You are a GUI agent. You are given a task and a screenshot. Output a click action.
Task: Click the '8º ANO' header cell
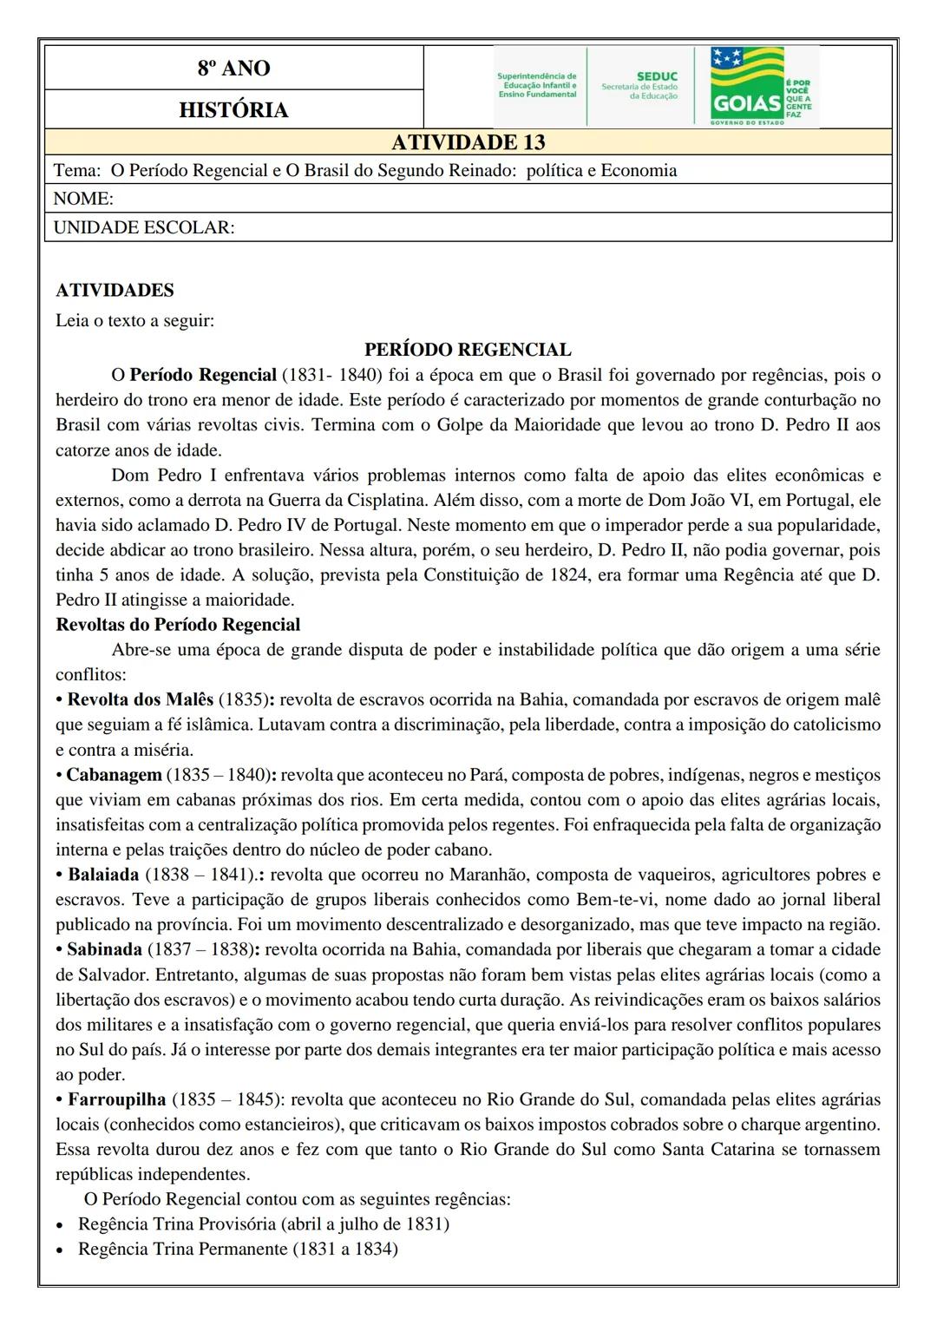coord(233,68)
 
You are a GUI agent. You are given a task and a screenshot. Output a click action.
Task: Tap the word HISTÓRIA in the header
coord(233,110)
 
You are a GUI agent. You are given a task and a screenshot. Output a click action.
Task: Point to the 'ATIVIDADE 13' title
coord(468,142)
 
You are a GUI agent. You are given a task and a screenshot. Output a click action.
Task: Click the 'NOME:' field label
coord(83,199)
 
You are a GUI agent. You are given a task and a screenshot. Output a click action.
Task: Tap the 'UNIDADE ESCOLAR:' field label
coord(144,227)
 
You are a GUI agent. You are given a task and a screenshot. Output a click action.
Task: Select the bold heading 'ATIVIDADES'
coord(115,291)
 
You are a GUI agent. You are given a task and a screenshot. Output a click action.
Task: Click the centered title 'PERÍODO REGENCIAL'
coord(468,350)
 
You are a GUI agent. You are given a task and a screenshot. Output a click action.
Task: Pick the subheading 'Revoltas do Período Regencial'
coord(178,625)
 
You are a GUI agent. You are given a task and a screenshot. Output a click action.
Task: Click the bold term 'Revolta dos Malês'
coord(141,699)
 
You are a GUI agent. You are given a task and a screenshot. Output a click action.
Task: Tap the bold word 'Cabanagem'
coord(115,775)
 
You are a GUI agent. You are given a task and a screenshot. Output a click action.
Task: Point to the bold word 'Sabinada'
coord(104,949)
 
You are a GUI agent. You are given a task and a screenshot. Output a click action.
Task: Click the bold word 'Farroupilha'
coord(116,1099)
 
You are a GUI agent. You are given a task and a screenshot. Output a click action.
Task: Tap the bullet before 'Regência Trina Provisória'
coord(60,1225)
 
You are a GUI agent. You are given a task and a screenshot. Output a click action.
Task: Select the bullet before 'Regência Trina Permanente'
coord(60,1250)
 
